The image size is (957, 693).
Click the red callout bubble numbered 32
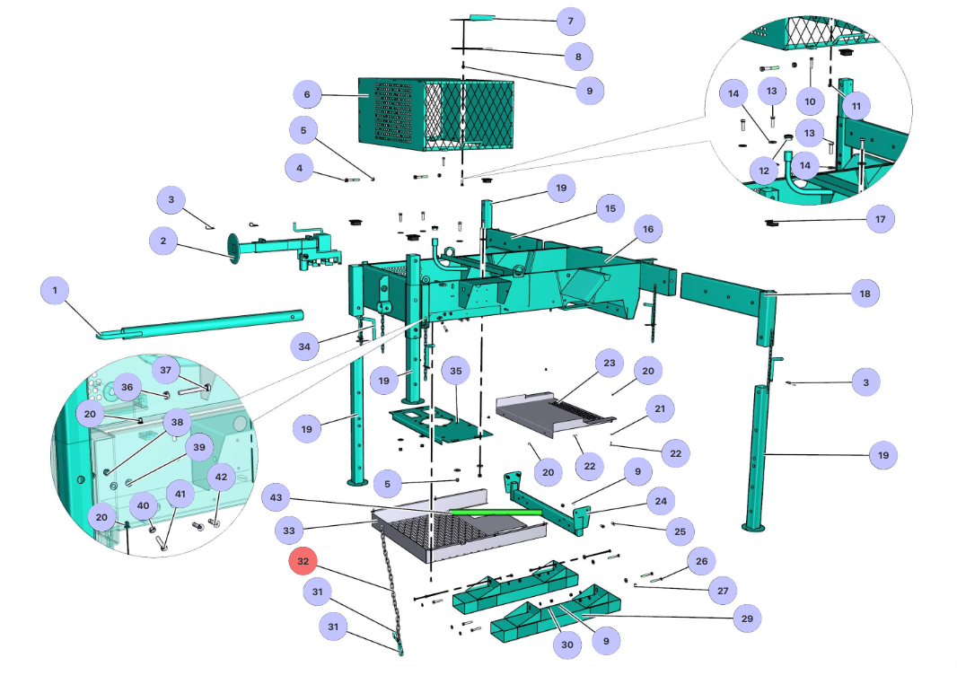[303, 561]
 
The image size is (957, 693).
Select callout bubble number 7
[569, 21]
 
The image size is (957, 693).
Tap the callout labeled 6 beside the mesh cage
[307, 94]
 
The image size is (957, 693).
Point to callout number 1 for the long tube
[55, 290]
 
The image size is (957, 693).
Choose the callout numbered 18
[865, 294]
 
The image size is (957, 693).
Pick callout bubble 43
[277, 497]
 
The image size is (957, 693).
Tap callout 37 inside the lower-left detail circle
[165, 370]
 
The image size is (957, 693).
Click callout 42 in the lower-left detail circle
[222, 477]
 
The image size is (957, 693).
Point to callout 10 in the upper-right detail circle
[811, 101]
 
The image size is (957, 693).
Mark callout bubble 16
[646, 229]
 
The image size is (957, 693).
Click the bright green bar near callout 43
[495, 512]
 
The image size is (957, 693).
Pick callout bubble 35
[455, 370]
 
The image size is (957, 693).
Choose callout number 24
[661, 501]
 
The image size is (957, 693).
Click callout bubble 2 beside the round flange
[163, 241]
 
